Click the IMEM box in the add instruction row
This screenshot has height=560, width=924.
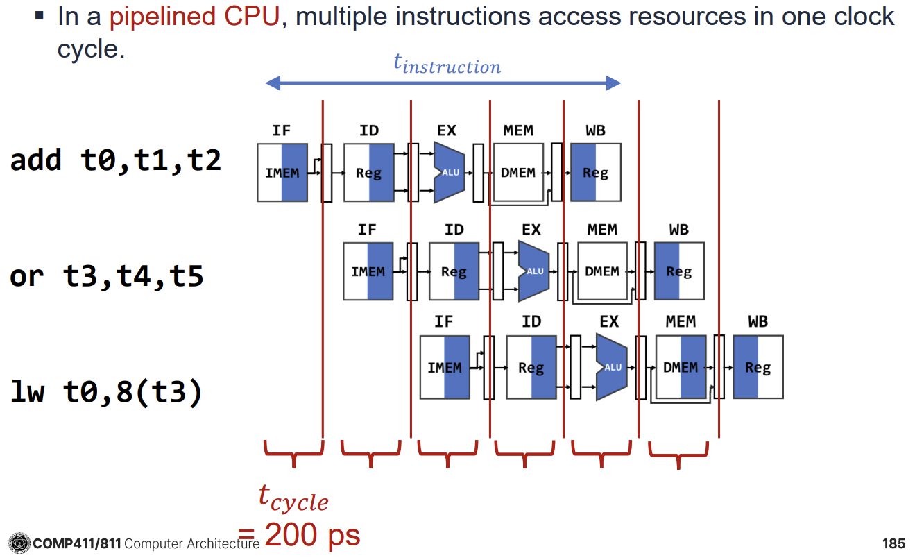coord(282,173)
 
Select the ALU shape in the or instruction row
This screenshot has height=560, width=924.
coord(533,271)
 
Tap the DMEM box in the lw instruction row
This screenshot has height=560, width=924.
coord(681,367)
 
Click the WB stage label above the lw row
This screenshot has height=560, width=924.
coord(758,322)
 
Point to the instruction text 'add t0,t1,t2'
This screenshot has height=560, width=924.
coord(116,160)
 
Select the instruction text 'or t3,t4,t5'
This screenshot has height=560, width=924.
coord(107,276)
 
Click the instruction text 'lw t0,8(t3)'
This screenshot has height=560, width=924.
coord(107,392)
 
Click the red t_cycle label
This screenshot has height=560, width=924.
coord(293,498)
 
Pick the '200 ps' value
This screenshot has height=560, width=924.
coord(312,535)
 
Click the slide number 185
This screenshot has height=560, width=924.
coord(895,543)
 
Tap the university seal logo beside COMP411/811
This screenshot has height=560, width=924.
coord(19,543)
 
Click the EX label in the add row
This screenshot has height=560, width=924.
coord(447,130)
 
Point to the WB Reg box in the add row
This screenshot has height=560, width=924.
coord(595,173)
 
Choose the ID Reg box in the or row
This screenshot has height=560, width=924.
coord(454,271)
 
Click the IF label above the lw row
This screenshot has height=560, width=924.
coord(444,322)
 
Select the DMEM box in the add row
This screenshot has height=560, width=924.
coord(518,173)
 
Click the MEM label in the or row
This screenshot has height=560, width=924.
coord(601,230)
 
